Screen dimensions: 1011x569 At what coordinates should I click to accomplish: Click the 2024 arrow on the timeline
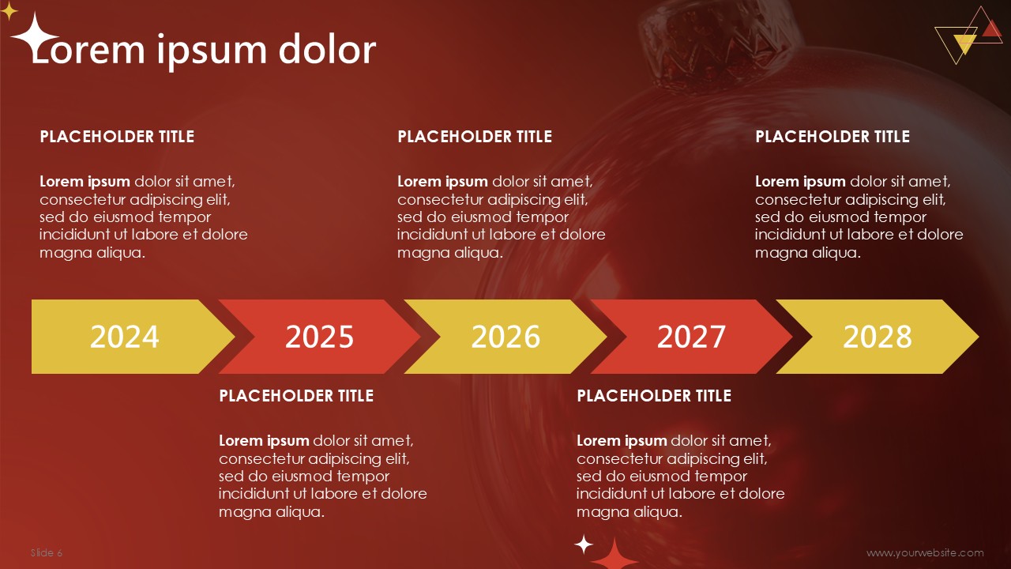tap(126, 337)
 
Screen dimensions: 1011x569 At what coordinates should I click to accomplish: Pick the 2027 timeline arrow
tap(691, 337)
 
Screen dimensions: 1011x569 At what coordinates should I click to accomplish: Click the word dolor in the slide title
tap(327, 49)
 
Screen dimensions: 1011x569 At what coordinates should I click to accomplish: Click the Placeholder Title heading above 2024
tap(117, 137)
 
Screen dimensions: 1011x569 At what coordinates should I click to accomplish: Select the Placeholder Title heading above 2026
tap(475, 137)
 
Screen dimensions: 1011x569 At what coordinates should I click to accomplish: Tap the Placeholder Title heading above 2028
tap(832, 137)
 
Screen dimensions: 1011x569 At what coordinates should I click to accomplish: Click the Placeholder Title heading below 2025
tap(296, 396)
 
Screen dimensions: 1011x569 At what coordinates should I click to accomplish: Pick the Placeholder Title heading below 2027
tap(654, 396)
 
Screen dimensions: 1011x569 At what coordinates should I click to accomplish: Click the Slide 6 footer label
tap(47, 552)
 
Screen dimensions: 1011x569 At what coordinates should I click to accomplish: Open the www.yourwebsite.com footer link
tap(925, 552)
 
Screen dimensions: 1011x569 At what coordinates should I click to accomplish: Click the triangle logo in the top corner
tap(968, 36)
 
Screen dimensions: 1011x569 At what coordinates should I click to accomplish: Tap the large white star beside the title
tap(34, 36)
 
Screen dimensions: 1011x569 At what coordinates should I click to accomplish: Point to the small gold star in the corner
tap(8, 11)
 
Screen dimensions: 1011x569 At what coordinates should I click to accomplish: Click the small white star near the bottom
tap(584, 545)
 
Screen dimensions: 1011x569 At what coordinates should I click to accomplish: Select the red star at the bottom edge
tap(614, 558)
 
